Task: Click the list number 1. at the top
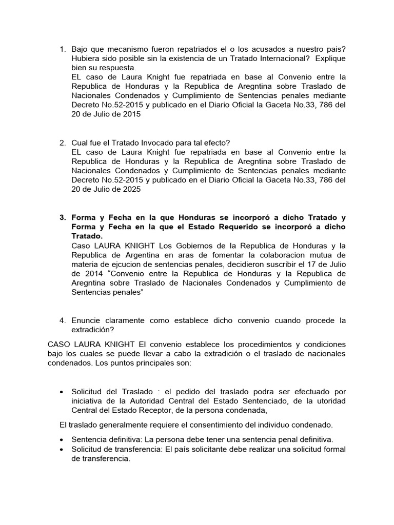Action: click(x=63, y=49)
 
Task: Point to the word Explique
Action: click(x=331, y=58)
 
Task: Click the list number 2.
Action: click(x=63, y=143)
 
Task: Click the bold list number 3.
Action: click(x=63, y=217)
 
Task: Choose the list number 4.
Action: click(x=63, y=320)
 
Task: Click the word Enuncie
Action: click(x=86, y=320)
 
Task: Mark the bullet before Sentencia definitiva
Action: click(x=62, y=439)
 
